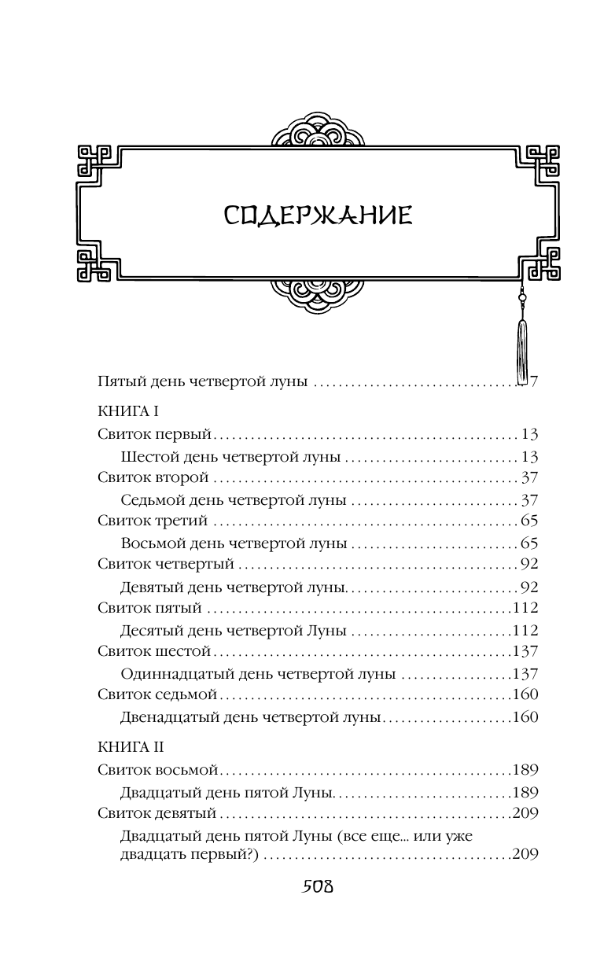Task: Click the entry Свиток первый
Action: pos(156,433)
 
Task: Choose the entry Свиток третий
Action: pos(153,521)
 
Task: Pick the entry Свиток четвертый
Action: pos(165,564)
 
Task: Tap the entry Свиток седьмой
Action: pos(157,694)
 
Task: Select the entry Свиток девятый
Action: pos(157,812)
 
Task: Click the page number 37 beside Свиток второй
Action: pos(528,477)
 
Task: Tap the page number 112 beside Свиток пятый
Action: pos(524,608)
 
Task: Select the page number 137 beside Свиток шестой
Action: pos(524,651)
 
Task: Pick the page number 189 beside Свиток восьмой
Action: pos(524,770)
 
